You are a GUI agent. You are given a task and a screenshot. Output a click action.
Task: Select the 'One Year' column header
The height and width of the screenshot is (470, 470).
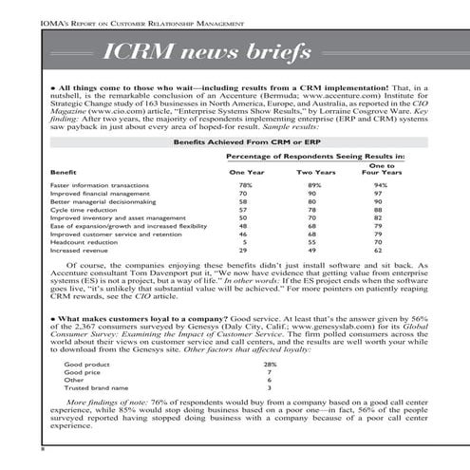click(246, 173)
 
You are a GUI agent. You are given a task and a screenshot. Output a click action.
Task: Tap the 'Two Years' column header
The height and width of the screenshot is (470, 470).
click(316, 173)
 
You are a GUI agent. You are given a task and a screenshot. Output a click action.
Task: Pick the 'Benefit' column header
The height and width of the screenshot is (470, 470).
click(63, 173)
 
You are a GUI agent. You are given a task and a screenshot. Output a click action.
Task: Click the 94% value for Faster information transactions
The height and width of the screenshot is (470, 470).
click(381, 185)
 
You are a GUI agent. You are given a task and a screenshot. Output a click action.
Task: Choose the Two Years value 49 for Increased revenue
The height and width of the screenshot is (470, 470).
click(316, 251)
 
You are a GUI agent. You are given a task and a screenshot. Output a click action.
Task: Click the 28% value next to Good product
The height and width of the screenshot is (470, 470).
click(270, 364)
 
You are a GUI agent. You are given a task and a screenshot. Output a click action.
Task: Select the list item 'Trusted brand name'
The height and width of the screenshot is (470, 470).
click(94, 387)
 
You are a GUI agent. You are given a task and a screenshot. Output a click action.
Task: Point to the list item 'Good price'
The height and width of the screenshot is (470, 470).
click(82, 371)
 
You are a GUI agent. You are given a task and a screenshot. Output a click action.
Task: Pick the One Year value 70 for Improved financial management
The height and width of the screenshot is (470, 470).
click(246, 194)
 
